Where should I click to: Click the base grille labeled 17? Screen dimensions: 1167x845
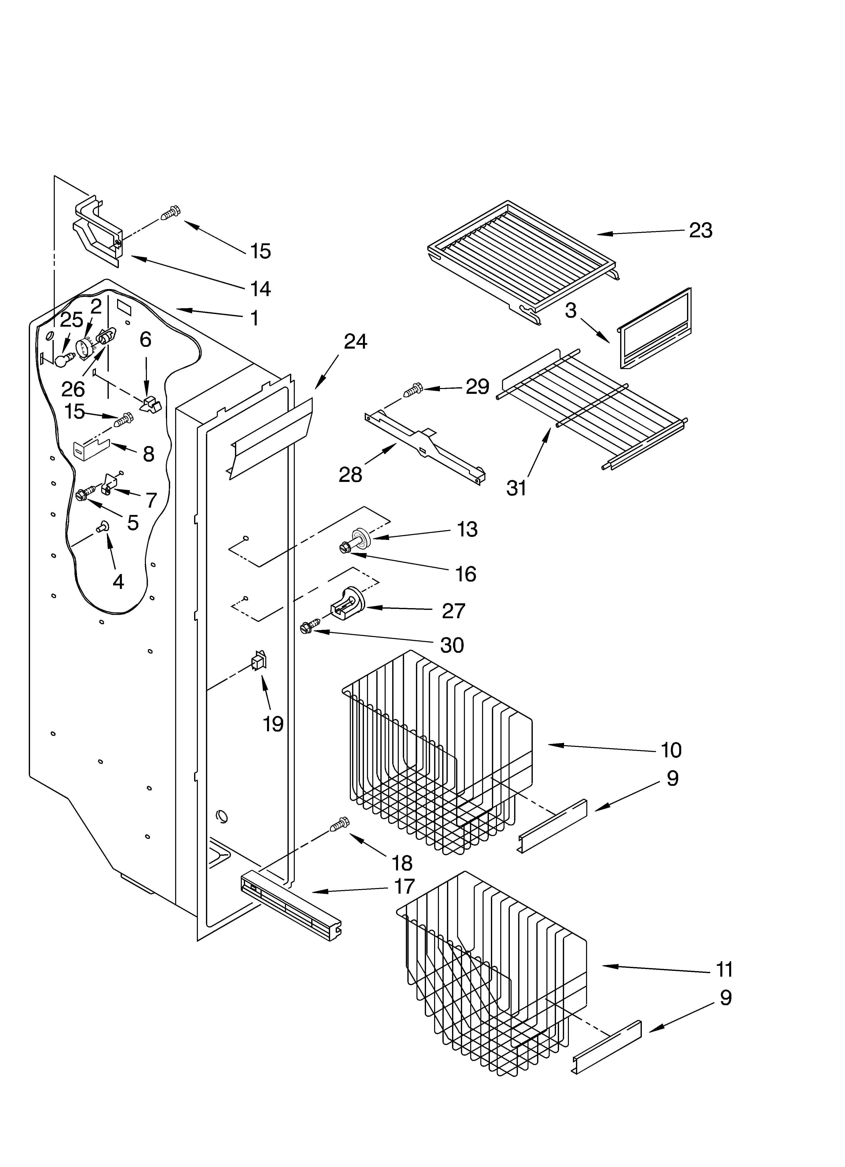point(291,908)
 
